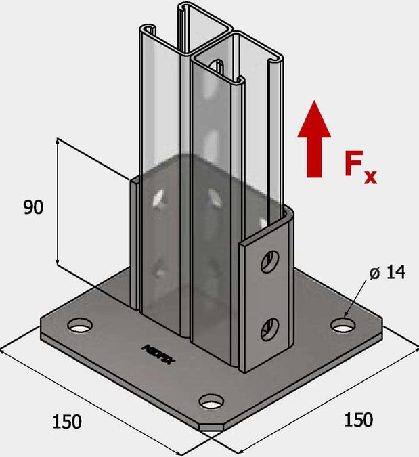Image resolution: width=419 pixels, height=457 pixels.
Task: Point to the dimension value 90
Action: [33, 207]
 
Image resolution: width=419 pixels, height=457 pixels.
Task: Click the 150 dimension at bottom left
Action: [67, 421]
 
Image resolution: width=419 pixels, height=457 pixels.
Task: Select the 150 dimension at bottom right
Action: [358, 419]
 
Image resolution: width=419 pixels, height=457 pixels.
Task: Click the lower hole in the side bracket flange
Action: [269, 328]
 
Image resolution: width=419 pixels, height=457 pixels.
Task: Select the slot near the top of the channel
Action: [217, 66]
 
